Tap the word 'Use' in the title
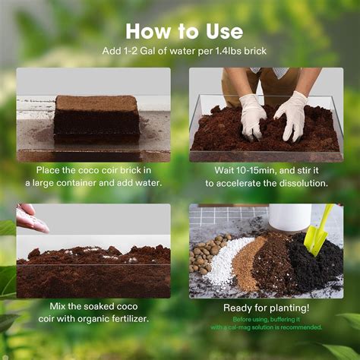click(x=220, y=31)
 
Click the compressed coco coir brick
click(x=96, y=118)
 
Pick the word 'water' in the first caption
click(x=145, y=184)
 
